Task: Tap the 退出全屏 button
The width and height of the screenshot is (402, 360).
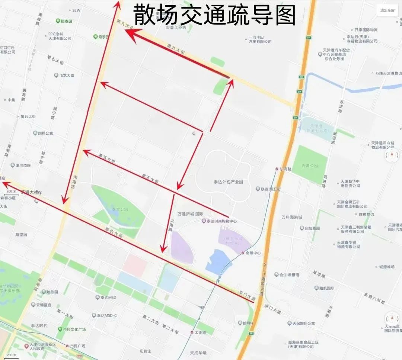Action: click(387, 10)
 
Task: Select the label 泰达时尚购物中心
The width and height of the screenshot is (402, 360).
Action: click(221, 221)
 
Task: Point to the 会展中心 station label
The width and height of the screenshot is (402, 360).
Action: click(253, 253)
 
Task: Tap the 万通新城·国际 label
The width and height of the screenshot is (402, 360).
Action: click(190, 214)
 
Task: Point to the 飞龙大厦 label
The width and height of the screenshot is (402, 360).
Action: click(67, 75)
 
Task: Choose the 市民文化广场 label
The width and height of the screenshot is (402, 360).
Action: click(74, 330)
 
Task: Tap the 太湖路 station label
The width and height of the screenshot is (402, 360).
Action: click(200, 332)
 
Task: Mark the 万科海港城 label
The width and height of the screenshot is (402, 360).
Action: click(292, 217)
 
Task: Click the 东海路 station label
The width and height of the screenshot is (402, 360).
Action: click(285, 168)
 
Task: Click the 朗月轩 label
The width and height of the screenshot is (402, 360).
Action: click(248, 323)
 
